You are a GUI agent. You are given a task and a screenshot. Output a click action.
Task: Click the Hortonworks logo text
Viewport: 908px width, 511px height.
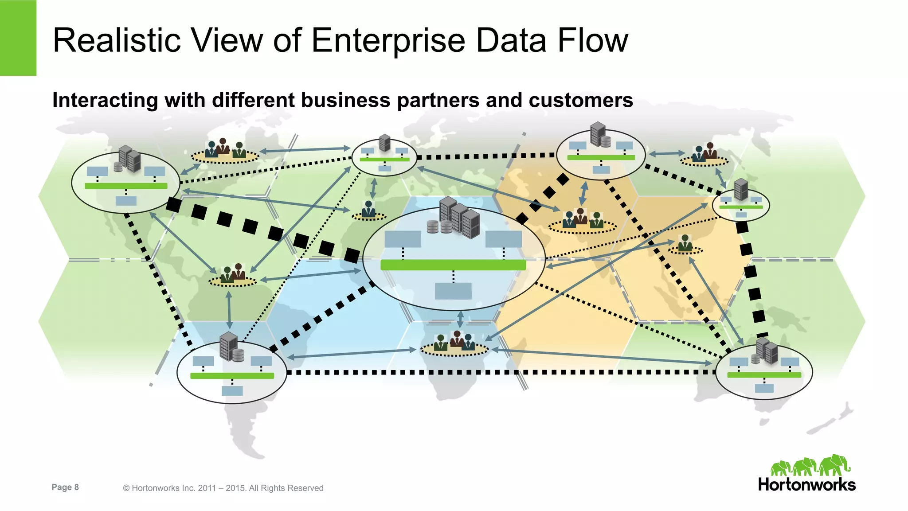(x=806, y=484)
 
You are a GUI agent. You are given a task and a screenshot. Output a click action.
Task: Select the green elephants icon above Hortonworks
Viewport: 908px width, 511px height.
(x=810, y=465)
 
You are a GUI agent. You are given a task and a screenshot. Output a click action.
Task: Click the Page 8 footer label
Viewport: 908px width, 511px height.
(x=65, y=488)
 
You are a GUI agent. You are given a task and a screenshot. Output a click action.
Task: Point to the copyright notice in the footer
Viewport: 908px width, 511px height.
(x=223, y=488)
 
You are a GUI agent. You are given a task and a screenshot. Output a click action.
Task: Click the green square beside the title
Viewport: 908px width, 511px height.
(x=18, y=38)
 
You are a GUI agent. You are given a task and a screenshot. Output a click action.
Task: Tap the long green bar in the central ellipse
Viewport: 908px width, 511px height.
(x=453, y=265)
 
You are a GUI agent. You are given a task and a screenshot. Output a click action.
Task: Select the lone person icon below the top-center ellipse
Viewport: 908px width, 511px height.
(x=368, y=210)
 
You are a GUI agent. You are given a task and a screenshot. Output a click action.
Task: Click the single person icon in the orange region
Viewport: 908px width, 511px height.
(x=685, y=243)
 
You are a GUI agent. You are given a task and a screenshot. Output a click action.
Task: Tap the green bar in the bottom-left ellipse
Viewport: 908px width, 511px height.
(x=232, y=376)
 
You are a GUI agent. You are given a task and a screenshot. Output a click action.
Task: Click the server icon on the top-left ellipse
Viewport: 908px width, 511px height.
(x=130, y=159)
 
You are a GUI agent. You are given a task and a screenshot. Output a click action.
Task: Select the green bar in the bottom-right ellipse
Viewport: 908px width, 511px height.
(x=764, y=375)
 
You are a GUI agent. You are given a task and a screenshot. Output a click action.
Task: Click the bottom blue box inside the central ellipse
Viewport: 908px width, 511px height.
(x=453, y=291)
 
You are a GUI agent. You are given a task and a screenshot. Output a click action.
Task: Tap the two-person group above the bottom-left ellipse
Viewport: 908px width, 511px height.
(x=233, y=273)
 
